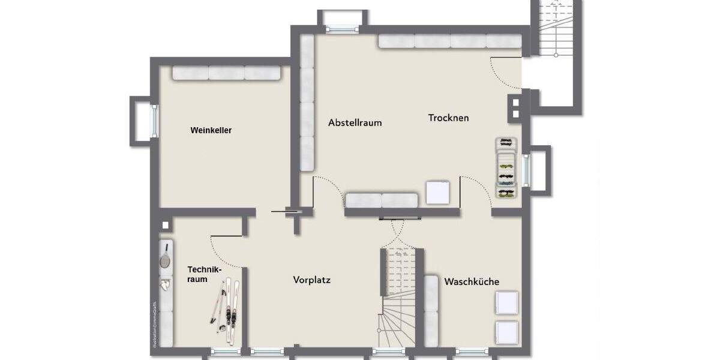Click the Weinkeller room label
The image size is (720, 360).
[211, 130]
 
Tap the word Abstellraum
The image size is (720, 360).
[355, 122]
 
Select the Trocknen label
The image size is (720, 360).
[448, 118]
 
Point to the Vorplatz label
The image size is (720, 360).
[312, 280]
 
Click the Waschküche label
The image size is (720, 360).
[472, 281]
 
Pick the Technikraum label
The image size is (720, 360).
[199, 274]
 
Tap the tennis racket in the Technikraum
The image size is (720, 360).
[165, 257]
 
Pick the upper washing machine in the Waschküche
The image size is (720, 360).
[506, 302]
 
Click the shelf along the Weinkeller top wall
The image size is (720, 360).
[227, 73]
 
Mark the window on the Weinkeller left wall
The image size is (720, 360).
[154, 121]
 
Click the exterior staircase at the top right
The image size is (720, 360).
[556, 30]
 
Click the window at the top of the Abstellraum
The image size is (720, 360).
[342, 28]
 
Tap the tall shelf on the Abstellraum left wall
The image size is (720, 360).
[307, 102]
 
